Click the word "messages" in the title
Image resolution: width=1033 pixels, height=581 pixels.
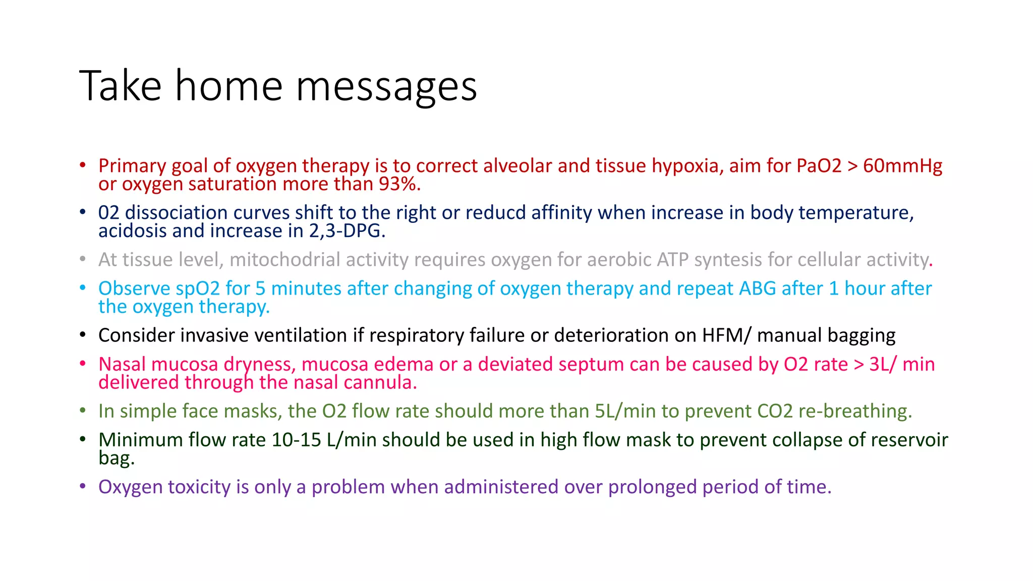(386, 87)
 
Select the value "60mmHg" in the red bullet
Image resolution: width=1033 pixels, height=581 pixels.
(902, 166)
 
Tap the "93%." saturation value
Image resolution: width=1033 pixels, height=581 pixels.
(399, 185)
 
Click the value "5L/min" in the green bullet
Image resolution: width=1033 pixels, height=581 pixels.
(625, 411)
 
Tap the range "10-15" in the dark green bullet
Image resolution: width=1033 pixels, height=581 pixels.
(296, 440)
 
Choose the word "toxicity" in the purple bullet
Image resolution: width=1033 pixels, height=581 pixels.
(199, 487)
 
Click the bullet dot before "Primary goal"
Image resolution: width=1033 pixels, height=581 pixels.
(83, 165)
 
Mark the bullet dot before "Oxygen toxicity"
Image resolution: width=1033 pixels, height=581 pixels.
(83, 486)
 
